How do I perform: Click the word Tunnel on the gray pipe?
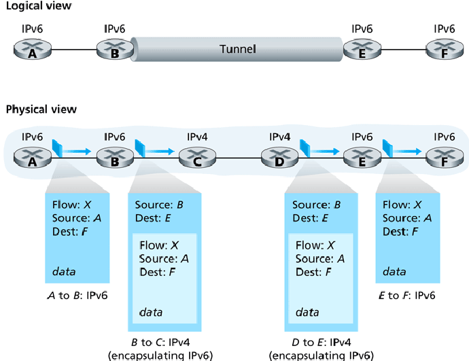(x=237, y=50)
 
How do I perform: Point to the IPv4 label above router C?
(x=196, y=137)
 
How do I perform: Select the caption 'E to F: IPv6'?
(x=406, y=295)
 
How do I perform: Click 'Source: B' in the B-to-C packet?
(x=158, y=205)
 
